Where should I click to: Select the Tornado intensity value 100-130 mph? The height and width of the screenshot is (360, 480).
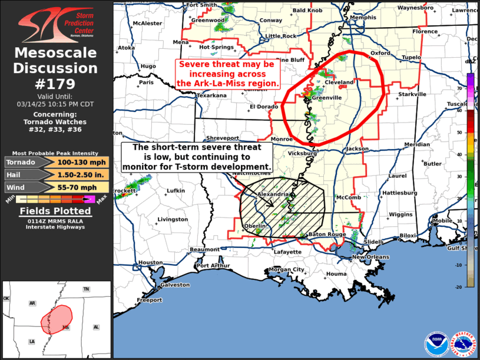click(82, 162)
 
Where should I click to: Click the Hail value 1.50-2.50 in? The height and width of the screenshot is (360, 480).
click(82, 174)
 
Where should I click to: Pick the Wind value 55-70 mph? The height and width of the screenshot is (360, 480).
click(82, 187)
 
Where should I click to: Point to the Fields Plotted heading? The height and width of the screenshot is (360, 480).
click(56, 211)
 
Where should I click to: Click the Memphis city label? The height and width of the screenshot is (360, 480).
click(363, 18)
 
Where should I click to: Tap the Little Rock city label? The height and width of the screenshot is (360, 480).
click(281, 36)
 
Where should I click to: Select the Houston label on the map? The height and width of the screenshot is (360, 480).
click(151, 263)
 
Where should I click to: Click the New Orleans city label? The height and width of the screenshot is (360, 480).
click(370, 257)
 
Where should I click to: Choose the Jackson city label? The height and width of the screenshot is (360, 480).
click(357, 149)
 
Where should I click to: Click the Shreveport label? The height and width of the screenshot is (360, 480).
click(222, 139)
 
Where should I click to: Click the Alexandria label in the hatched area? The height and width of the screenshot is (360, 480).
click(272, 194)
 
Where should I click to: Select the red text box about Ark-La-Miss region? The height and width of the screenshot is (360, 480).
click(228, 73)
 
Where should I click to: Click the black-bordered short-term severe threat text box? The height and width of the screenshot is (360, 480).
click(197, 157)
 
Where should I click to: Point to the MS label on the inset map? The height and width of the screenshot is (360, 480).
click(66, 327)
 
